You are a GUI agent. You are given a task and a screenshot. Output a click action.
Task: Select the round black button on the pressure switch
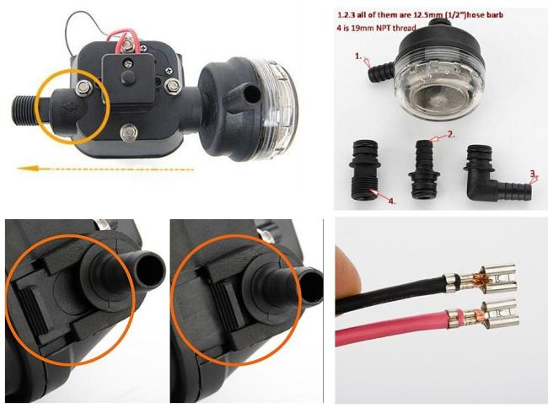(x=127, y=77)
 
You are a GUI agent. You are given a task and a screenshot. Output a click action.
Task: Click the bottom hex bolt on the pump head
(x=129, y=132)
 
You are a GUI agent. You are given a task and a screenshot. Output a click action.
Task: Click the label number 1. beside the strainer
(x=358, y=56)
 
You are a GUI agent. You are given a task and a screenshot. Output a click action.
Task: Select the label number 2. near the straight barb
(x=452, y=135)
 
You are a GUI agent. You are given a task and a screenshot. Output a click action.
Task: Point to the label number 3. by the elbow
(x=533, y=174)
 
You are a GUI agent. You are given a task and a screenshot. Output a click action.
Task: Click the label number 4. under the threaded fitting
(x=392, y=201)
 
